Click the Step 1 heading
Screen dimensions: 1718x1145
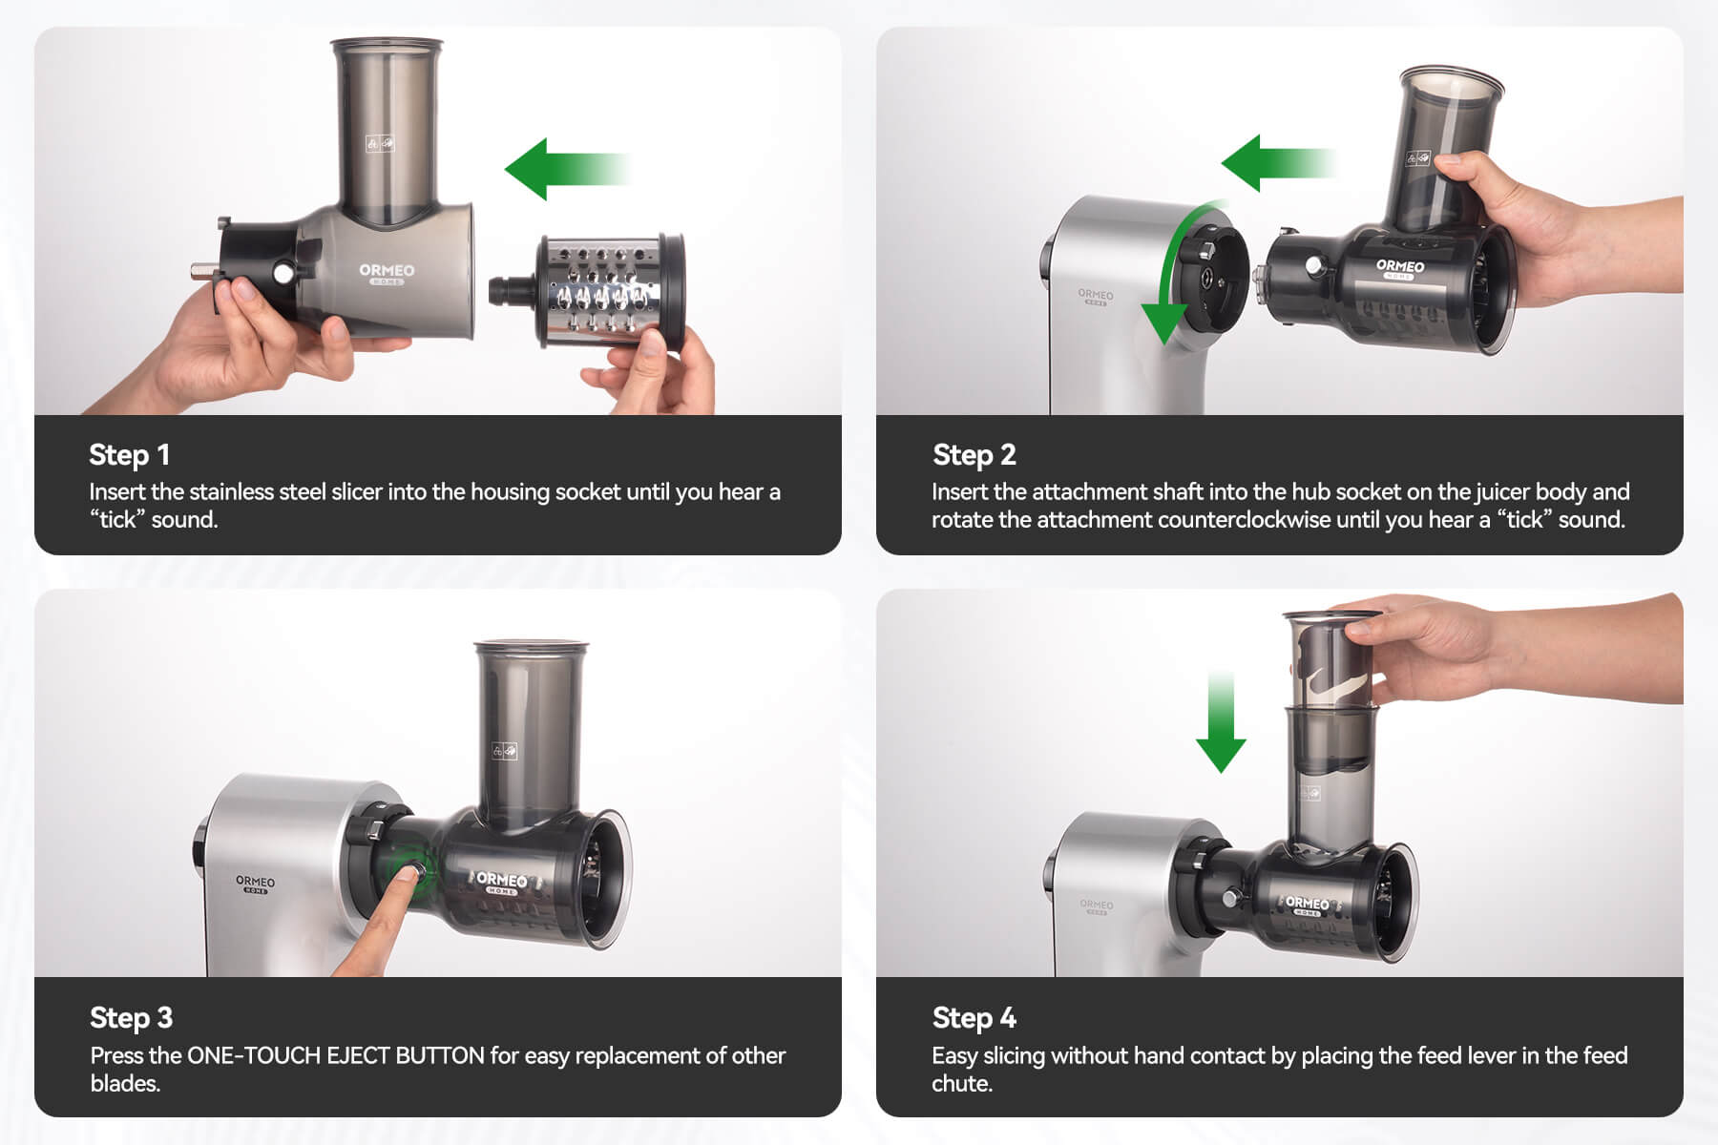pos(129,455)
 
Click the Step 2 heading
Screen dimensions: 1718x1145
pos(974,455)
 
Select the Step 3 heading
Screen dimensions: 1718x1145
pos(131,1018)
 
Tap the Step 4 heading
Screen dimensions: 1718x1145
pos(974,1018)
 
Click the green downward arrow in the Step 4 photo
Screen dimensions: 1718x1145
pos(1221,720)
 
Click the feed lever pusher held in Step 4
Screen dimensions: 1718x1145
pos(1330,658)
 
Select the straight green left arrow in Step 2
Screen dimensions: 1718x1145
pos(1277,162)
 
